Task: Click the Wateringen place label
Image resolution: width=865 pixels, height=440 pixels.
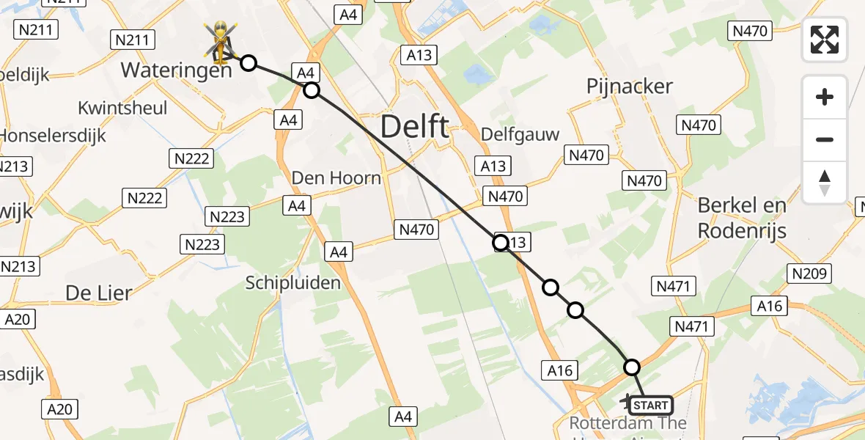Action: [x=176, y=70]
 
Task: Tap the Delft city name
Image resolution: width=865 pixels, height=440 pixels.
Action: [x=415, y=128]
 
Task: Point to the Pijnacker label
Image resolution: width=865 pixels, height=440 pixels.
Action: [x=630, y=87]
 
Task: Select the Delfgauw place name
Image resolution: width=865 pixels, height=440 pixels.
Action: [x=520, y=135]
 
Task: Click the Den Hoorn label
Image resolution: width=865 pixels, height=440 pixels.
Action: [x=336, y=177]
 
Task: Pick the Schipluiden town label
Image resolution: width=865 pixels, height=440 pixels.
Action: [x=293, y=282]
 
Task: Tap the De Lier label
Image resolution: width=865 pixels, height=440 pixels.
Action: [x=99, y=293]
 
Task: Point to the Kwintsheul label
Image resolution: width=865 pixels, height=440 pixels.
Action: [x=122, y=108]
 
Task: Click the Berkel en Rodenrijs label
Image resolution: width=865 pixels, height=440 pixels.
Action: [x=742, y=218]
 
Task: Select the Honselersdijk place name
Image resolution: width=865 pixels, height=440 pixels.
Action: [x=53, y=136]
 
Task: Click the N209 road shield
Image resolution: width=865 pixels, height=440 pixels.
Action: [x=809, y=274]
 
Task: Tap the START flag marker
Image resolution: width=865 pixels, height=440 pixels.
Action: [x=650, y=406]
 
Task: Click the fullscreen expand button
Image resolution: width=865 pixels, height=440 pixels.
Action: [x=825, y=40]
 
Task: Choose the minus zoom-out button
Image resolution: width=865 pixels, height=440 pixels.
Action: [x=825, y=139]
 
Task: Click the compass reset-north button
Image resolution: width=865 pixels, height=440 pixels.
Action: [x=825, y=183]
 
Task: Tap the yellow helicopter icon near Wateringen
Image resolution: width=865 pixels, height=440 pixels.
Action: [x=220, y=40]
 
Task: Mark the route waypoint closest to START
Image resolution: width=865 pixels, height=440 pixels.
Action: [x=631, y=367]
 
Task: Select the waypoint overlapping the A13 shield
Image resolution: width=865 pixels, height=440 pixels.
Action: [x=501, y=242]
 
